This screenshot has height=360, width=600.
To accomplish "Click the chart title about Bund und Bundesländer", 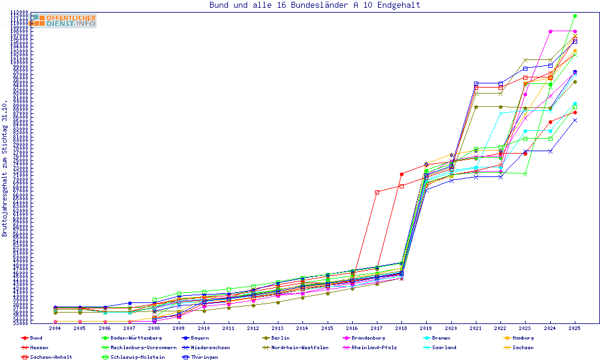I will coord(314,5).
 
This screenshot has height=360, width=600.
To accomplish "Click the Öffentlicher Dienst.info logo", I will coord(64,20).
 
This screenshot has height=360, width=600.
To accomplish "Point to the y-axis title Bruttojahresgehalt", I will coord(5,168).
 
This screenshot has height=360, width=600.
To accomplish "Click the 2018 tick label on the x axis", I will coord(401,328).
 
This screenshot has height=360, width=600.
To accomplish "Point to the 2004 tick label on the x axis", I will coord(55,328).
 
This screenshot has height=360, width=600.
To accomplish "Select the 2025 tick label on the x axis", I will coord(575,328).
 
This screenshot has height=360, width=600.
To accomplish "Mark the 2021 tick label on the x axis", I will coord(476,328).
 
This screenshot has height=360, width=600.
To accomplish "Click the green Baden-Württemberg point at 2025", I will coord(575,16).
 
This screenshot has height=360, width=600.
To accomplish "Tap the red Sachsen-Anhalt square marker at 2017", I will coord(377,192).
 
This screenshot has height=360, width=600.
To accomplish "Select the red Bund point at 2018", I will coord(401,174).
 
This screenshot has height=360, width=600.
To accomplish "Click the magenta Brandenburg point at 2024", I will coord(550,31).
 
